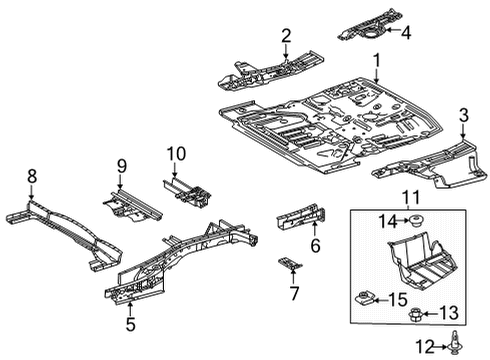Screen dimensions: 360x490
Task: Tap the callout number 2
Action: (x=286, y=37)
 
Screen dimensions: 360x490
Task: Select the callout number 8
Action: (x=32, y=176)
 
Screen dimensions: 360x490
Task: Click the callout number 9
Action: (x=120, y=166)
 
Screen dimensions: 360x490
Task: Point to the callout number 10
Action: (x=177, y=153)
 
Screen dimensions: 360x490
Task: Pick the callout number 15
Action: (x=398, y=299)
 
